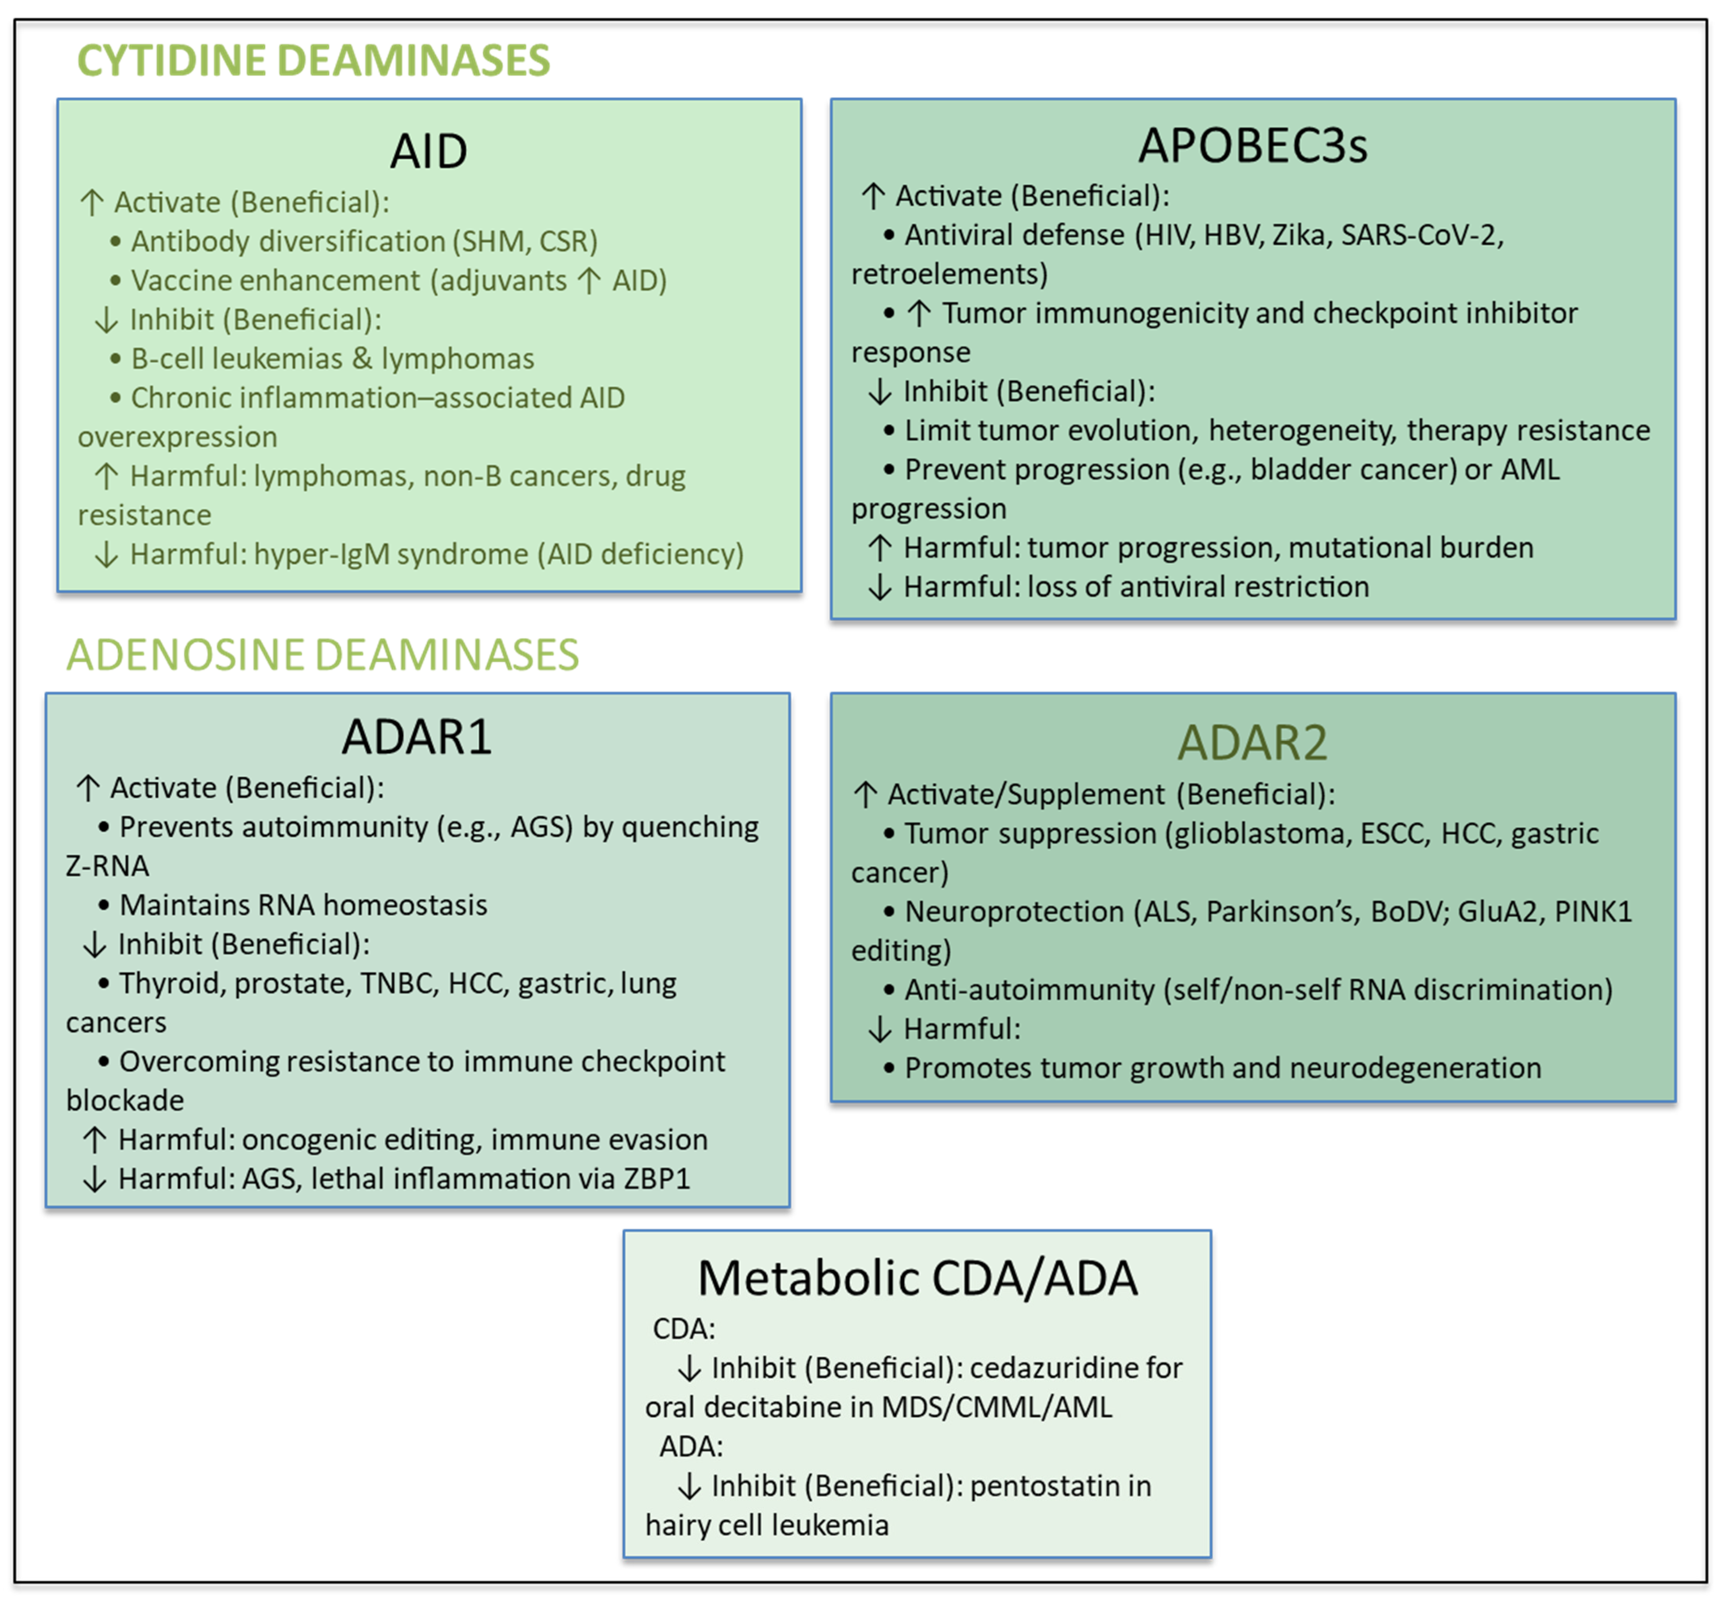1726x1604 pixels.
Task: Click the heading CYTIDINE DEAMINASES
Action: click(313, 61)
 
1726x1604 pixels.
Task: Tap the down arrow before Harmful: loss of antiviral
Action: click(879, 588)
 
